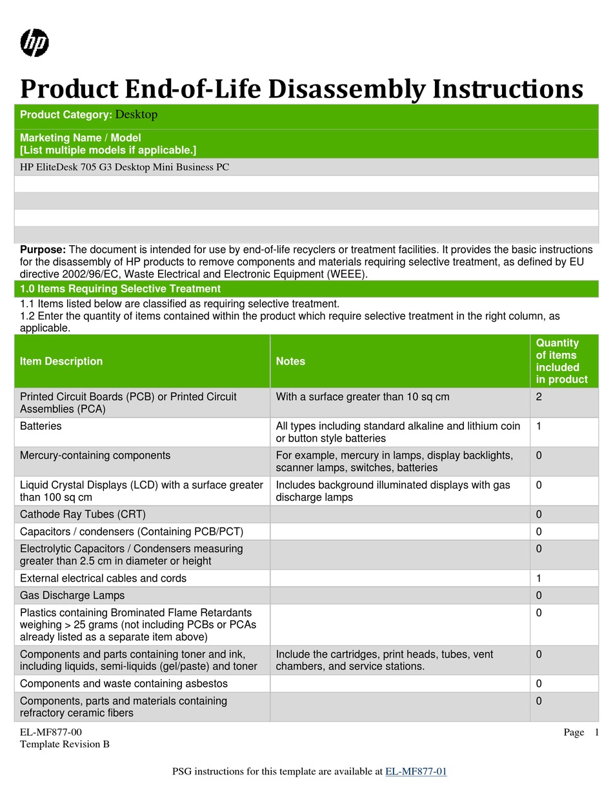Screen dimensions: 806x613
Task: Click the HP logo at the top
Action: point(35,43)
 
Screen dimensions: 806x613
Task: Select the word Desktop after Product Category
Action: point(136,115)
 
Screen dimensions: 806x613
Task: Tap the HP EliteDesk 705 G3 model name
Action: point(125,167)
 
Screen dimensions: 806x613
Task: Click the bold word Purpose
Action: point(43,250)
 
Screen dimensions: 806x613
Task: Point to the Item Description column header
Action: point(61,361)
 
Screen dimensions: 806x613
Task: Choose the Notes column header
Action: point(290,361)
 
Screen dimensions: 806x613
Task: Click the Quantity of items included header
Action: point(561,361)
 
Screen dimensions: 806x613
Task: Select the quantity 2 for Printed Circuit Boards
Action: point(539,397)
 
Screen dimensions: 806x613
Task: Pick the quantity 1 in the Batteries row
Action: point(539,427)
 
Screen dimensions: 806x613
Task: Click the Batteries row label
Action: point(41,427)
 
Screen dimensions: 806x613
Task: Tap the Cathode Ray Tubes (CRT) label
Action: point(83,514)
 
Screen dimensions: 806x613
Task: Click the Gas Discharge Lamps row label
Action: point(72,596)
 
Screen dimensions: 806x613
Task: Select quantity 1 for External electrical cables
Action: point(539,579)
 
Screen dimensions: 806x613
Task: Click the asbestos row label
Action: point(123,683)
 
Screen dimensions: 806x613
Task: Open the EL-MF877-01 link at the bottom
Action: point(416,772)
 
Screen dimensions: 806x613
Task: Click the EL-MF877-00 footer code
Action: point(51,732)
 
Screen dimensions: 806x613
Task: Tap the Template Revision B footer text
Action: point(65,744)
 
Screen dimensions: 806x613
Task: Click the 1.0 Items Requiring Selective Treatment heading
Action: point(120,289)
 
